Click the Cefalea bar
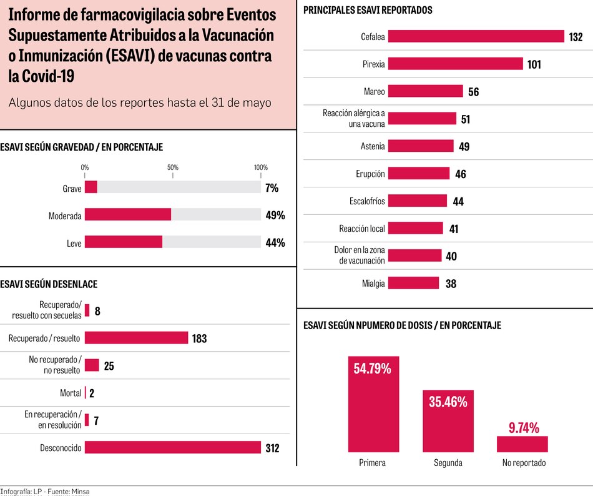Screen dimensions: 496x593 tap(476, 37)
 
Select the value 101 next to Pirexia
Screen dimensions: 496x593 tap(534, 64)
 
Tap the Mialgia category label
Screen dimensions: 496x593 tap(373, 284)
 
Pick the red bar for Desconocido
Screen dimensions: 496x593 tap(172, 447)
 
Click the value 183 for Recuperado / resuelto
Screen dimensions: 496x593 tap(199, 339)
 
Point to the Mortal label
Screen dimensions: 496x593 tap(71, 393)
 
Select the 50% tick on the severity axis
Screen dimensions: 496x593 tap(173, 167)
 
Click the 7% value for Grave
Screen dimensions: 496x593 tap(272, 187)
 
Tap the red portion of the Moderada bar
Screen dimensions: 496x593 tap(128, 215)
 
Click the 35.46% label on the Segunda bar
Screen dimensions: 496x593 tap(448, 402)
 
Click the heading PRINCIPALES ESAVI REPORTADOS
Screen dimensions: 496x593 tap(368, 11)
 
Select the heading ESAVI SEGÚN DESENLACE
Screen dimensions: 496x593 tap(49, 284)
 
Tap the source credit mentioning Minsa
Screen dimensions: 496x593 tap(45, 492)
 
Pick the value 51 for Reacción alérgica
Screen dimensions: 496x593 tap(465, 119)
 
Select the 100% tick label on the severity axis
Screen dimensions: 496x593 tap(260, 167)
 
